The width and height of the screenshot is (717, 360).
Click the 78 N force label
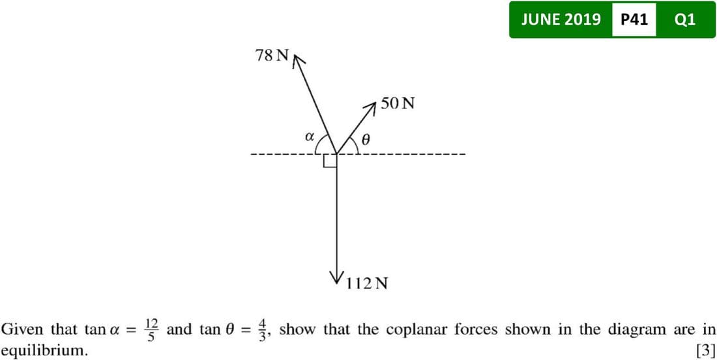coord(272,55)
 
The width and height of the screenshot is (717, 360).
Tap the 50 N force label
coord(398,103)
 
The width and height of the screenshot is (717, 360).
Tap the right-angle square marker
coord(330,160)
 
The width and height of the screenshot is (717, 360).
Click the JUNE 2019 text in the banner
coord(561,20)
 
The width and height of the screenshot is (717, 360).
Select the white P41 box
coord(634,20)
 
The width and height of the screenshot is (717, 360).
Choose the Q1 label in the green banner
coord(685,20)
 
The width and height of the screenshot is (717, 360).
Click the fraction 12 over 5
coord(152,329)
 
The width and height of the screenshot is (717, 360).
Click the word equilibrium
coord(44,350)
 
